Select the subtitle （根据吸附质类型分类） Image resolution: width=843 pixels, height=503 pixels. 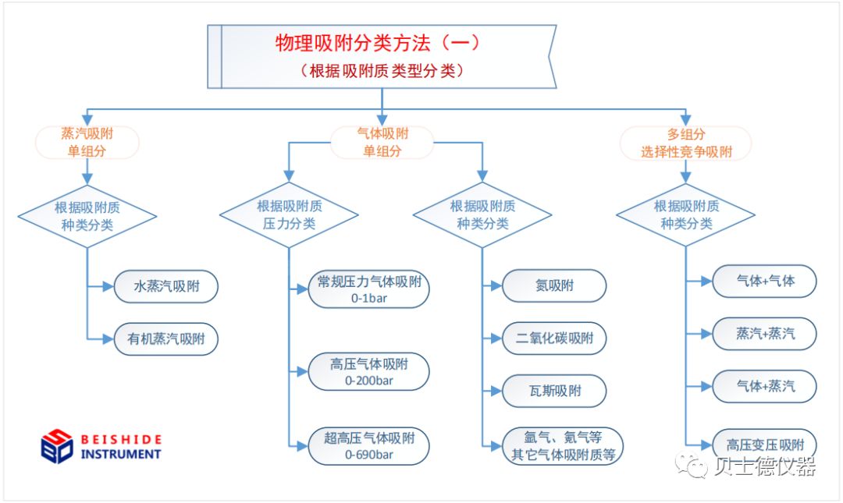pos(382,70)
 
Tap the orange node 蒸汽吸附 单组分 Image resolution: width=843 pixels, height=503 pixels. pos(87,143)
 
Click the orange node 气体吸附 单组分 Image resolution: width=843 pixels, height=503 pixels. pos(382,143)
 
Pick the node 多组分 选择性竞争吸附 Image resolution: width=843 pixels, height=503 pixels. pos(686,143)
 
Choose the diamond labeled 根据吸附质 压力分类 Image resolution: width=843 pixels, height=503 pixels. pos(290,215)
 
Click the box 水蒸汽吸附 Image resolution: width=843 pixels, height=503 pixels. pos(166,286)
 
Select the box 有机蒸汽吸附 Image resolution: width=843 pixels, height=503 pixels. pos(166,339)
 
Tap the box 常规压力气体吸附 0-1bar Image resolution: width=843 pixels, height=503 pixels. pos(368,289)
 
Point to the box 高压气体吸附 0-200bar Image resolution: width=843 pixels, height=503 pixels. pos(368,372)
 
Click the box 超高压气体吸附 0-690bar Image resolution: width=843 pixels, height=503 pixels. pos(368,446)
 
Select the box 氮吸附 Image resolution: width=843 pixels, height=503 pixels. pos(554,285)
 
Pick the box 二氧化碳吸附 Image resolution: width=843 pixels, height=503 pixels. pos(554,338)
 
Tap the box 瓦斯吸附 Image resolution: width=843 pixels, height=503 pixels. pos(554,391)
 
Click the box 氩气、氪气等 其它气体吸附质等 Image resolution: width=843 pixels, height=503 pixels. pos(563,446)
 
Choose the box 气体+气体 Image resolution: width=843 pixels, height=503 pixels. pos(764,281)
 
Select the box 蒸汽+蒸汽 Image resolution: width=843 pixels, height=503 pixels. pos(764,334)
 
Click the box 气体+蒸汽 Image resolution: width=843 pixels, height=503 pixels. pos(764,386)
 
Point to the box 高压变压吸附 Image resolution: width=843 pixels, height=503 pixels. pos(764,445)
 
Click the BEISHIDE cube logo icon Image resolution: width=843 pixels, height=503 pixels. pos(57,446)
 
